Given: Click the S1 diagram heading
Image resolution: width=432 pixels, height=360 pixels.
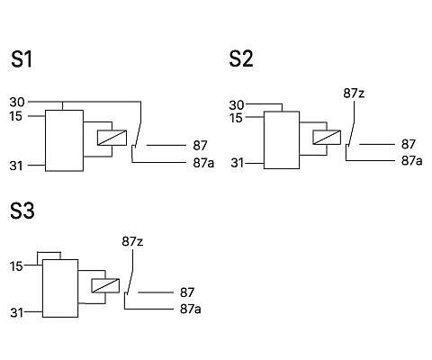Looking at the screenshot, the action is pyautogui.click(x=22, y=59).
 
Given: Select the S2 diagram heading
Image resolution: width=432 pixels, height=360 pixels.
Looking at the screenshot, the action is pyautogui.click(x=241, y=58).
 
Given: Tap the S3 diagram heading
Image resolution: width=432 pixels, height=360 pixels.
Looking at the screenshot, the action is pyautogui.click(x=22, y=211).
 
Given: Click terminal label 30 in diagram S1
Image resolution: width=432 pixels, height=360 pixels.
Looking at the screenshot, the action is pyautogui.click(x=17, y=102).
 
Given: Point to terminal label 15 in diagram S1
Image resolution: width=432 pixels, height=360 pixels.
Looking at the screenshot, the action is pyautogui.click(x=16, y=116).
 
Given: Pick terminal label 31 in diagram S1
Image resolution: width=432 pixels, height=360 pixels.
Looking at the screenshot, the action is pyautogui.click(x=16, y=166).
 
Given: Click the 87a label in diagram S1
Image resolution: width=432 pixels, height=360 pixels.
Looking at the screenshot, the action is pyautogui.click(x=203, y=163).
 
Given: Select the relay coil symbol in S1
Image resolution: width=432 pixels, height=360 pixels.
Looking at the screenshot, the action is pyautogui.click(x=112, y=138).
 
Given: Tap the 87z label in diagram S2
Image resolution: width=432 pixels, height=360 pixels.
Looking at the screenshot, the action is pyautogui.click(x=354, y=94).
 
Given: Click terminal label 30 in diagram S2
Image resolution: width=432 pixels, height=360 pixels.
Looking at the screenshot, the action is pyautogui.click(x=237, y=105).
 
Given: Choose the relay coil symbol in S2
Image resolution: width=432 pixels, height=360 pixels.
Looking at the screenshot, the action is pyautogui.click(x=327, y=137).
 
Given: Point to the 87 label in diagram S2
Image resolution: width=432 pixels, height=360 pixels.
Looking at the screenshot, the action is pyautogui.click(x=409, y=145).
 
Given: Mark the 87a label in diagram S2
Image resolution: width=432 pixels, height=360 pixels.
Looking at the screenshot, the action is pyautogui.click(x=412, y=161).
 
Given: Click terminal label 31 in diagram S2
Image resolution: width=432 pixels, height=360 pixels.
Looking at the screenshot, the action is pyautogui.click(x=238, y=163).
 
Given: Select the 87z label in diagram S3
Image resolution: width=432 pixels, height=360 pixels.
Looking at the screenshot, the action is pyautogui.click(x=132, y=241).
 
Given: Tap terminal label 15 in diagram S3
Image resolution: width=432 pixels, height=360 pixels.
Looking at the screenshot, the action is pyautogui.click(x=16, y=266).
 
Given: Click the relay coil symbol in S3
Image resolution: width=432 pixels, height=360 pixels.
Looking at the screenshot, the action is pyautogui.click(x=105, y=286).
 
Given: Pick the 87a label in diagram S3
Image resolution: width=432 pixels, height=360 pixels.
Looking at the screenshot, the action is pyautogui.click(x=191, y=309).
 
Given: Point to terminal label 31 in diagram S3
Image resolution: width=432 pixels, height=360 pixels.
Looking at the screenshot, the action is pyautogui.click(x=17, y=313).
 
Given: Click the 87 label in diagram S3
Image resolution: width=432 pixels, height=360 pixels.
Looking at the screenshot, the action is pyautogui.click(x=187, y=292).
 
